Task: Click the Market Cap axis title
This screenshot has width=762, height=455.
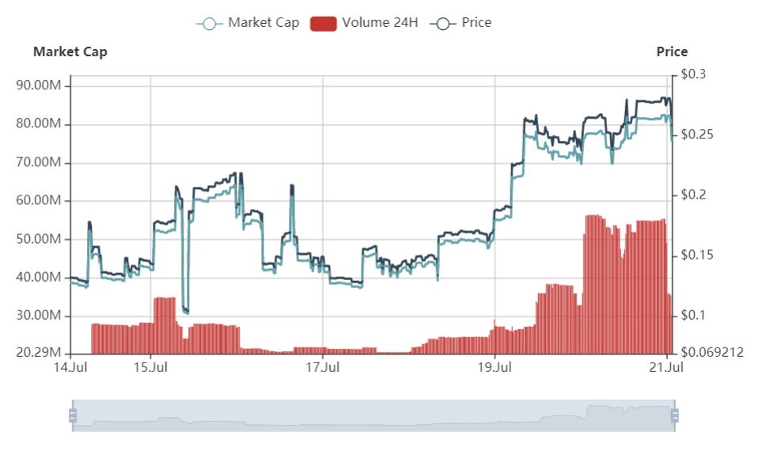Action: (70, 51)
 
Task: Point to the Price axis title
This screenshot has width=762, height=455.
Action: (672, 51)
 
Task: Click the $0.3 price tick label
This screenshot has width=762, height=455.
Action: (694, 74)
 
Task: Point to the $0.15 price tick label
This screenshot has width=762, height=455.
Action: (698, 255)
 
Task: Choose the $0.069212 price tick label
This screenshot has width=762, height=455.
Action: (712, 352)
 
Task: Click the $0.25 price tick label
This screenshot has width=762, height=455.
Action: (698, 135)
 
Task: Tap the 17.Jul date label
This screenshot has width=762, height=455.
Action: (322, 367)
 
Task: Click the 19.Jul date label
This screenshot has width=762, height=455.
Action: (495, 367)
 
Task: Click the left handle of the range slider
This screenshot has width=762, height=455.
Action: (73, 415)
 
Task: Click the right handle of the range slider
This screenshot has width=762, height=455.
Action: (675, 415)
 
